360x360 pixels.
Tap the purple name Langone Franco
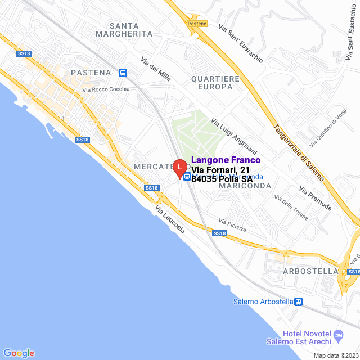(x=226, y=160)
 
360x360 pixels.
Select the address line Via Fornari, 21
(x=220, y=170)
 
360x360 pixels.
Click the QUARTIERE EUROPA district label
(x=215, y=83)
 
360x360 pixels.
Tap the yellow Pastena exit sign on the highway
(x=197, y=24)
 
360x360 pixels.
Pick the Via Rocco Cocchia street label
(x=106, y=89)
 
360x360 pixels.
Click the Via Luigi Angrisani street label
(x=233, y=136)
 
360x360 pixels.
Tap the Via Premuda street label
(x=315, y=199)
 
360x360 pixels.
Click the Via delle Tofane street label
(x=291, y=208)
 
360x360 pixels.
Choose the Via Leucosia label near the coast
(x=170, y=220)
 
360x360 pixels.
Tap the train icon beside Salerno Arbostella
(x=299, y=301)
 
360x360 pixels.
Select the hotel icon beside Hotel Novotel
(x=338, y=336)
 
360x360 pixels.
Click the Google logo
(x=19, y=353)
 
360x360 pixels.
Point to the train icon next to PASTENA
(x=123, y=73)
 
